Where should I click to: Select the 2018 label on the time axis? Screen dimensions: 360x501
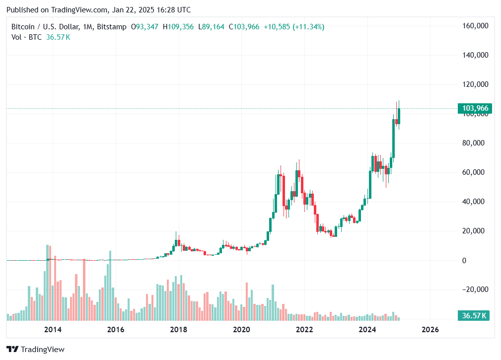(178, 330)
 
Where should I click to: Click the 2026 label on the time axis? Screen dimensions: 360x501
(429, 330)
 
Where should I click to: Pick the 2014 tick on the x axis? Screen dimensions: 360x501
(53, 330)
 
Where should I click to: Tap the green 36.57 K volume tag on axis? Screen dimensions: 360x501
(474, 316)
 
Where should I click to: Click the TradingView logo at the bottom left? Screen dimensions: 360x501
(35, 350)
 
